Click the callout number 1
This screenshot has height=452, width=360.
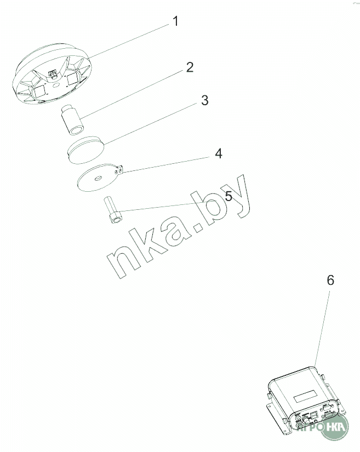175,21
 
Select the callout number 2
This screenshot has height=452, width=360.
190,67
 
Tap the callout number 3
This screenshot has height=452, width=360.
204,100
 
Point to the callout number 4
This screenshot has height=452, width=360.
219,153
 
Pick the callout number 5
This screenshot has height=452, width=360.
228,196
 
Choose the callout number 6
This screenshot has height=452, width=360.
330,280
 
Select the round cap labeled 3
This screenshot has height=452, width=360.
86,150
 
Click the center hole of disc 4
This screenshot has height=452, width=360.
98,179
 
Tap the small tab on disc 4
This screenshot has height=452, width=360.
120,170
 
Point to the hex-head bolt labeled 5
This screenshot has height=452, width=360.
113,210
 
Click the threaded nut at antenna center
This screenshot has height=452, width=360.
53,75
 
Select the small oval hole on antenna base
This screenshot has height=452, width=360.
57,85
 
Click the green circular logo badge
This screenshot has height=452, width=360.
335,426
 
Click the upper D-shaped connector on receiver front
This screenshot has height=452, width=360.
326,408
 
